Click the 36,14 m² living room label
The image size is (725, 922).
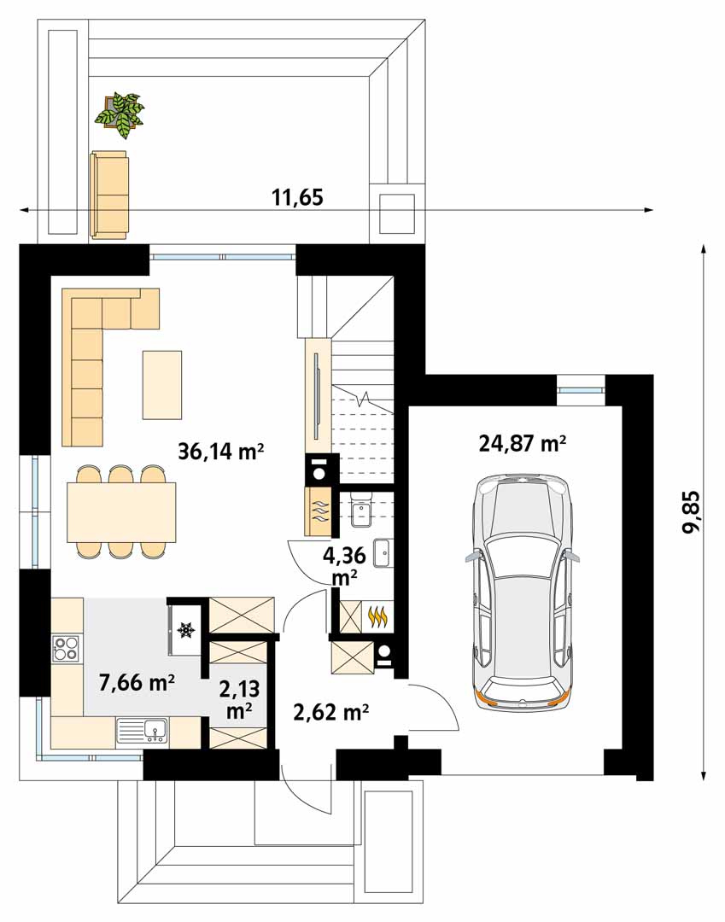click(x=220, y=451)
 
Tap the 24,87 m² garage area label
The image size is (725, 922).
click(x=522, y=443)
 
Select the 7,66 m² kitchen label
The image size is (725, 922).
click(x=137, y=682)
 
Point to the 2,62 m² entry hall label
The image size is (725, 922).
click(x=331, y=712)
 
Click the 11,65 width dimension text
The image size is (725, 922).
click(x=297, y=197)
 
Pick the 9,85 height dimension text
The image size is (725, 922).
click(x=692, y=511)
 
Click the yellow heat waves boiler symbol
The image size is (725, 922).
click(x=377, y=617)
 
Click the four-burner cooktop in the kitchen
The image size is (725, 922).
click(x=65, y=647)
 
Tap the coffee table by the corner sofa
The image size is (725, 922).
click(x=161, y=384)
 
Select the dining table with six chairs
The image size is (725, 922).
click(x=121, y=511)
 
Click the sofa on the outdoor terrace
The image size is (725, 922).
click(x=108, y=195)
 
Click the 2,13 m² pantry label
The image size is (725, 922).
click(x=239, y=699)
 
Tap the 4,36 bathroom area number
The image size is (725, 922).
click(x=344, y=554)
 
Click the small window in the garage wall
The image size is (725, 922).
click(x=581, y=389)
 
